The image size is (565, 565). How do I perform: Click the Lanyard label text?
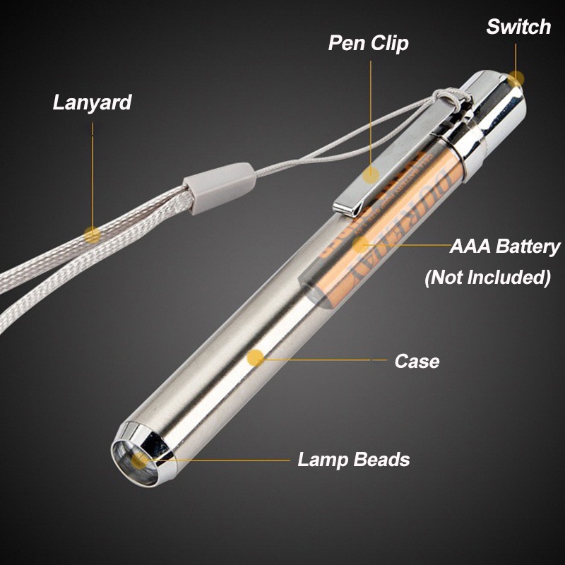(x=92, y=102)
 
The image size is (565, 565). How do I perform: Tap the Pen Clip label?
(x=368, y=44)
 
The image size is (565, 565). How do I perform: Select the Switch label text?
(x=518, y=28)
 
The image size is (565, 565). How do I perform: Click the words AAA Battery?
(x=505, y=247)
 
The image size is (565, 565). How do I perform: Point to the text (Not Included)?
(x=487, y=278)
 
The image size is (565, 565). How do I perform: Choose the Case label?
(x=417, y=362)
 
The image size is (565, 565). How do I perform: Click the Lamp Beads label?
(x=353, y=460)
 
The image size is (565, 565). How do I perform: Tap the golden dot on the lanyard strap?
(x=91, y=233)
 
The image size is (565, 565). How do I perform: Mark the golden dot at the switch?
(x=518, y=78)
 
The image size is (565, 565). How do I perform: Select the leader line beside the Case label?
(x=325, y=360)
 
